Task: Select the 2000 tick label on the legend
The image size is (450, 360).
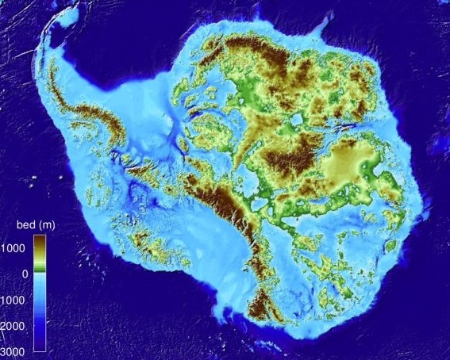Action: coord(16,325)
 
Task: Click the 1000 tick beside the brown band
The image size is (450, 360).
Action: coord(16,248)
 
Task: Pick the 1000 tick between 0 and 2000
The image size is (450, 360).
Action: coord(16,300)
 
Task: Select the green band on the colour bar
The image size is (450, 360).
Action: coord(40,270)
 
